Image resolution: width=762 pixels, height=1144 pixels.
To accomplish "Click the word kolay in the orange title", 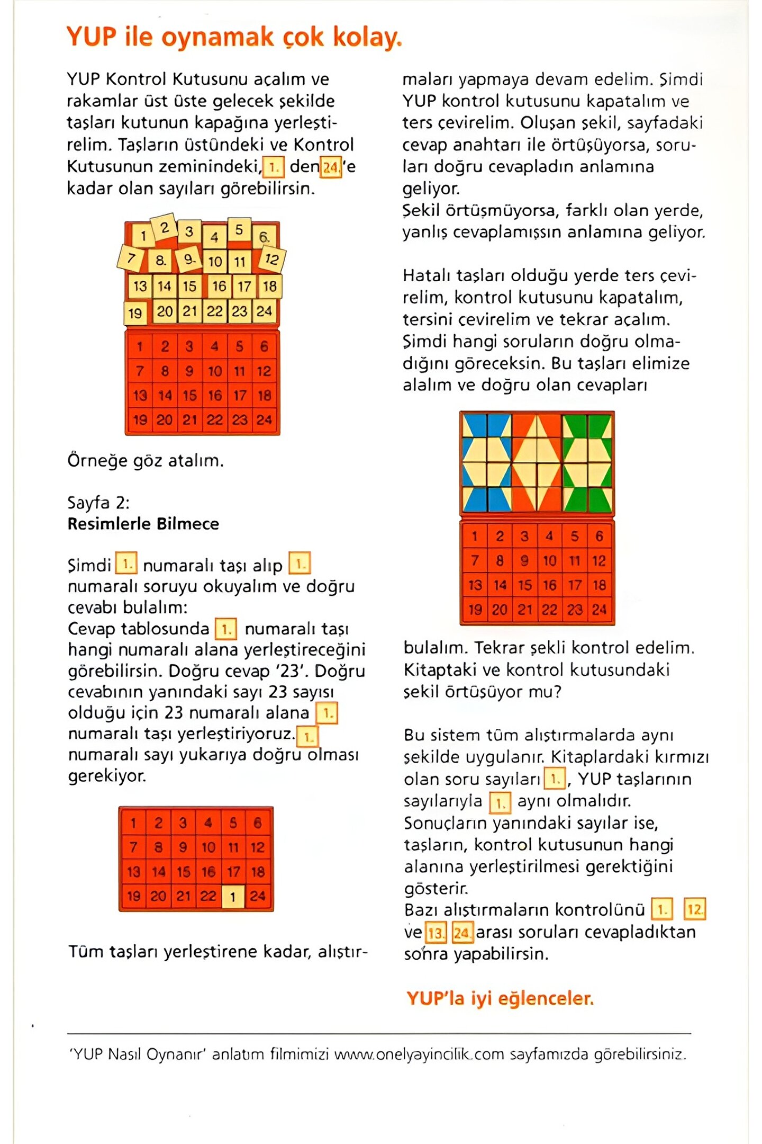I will tap(367, 37).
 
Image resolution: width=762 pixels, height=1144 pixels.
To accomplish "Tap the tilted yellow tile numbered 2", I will tap(164, 228).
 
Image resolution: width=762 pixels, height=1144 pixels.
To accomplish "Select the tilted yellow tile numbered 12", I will tap(272, 259).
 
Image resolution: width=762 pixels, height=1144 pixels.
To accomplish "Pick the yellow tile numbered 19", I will tap(135, 313).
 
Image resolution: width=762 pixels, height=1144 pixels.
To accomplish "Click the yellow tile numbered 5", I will tap(239, 229).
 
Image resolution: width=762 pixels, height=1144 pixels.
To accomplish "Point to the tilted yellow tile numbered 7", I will tap(130, 259).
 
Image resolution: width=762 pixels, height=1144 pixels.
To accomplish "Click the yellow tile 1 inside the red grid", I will tap(233, 897).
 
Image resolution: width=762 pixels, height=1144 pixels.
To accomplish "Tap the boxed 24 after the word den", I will tap(331, 168).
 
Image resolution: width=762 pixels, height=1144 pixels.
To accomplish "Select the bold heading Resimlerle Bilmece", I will tap(143, 524).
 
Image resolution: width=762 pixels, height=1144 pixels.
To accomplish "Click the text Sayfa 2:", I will tap(98, 502).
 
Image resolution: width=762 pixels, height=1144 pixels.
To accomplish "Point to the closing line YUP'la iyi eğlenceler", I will tap(500, 998).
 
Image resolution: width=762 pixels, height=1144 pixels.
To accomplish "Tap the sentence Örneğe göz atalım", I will tap(146, 461).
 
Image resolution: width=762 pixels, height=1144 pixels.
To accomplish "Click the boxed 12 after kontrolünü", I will tap(695, 910).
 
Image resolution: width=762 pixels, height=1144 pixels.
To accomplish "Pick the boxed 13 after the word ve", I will tap(436, 933).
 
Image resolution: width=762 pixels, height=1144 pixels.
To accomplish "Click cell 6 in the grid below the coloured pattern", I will tap(599, 537).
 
